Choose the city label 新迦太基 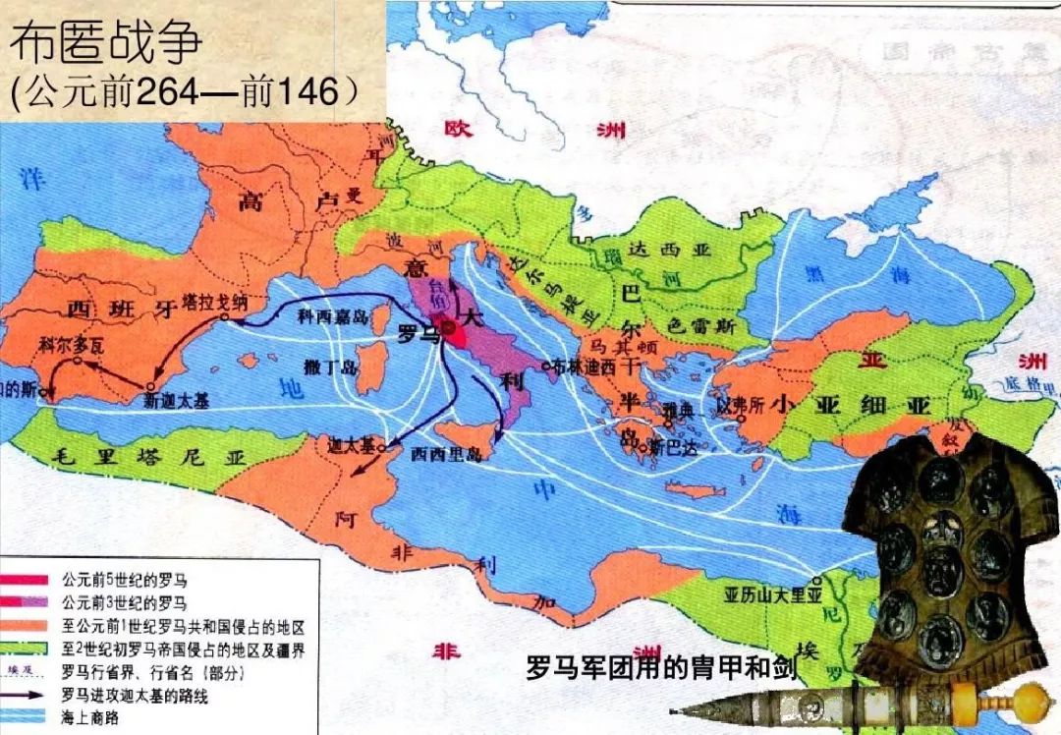pyautogui.click(x=170, y=401)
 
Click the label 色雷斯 pyautogui.click(x=700, y=323)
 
